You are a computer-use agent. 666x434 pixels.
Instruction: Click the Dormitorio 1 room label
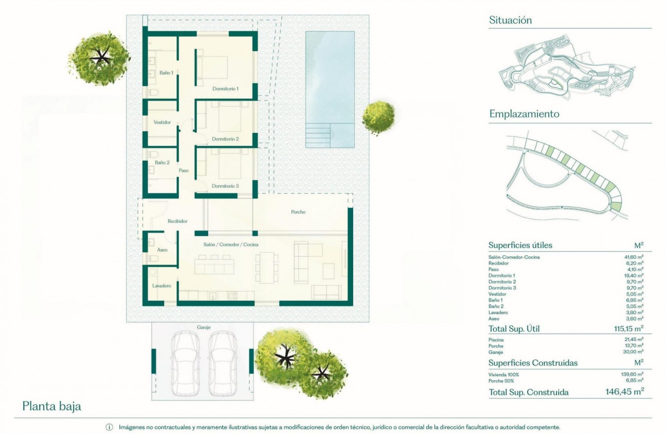(226, 89)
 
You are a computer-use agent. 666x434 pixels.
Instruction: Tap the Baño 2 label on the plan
(162, 163)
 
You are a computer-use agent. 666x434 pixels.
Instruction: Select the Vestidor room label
(162, 122)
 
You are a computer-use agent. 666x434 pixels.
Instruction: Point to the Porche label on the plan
(298, 212)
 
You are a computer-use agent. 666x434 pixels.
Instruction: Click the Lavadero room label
(162, 286)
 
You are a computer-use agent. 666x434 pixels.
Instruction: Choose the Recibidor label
(177, 221)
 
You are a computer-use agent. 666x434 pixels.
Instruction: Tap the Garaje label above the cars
(203, 328)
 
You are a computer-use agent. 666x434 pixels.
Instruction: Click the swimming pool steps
(318, 135)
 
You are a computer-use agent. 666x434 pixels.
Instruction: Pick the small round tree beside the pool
(378, 117)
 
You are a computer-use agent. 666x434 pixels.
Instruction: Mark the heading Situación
(510, 21)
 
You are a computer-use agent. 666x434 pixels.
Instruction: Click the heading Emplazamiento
(524, 114)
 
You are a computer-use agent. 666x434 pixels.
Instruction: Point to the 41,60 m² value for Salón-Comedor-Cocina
(633, 257)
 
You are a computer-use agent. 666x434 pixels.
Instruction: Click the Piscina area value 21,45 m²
(633, 339)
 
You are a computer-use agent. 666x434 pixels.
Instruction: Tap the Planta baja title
(52, 407)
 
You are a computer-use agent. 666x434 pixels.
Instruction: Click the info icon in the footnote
(109, 427)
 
